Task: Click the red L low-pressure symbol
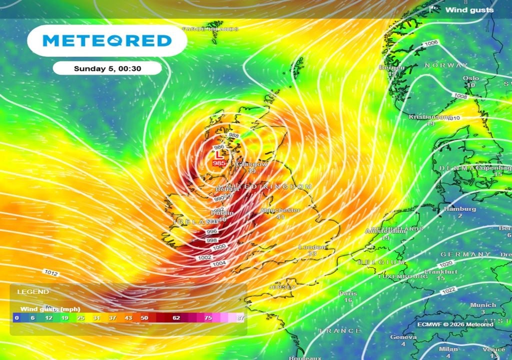[218, 156]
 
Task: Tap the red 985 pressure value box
[218, 163]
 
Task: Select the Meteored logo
[107, 40]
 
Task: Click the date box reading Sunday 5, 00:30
[107, 69]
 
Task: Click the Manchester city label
[280, 210]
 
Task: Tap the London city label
[312, 247]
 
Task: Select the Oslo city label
[470, 78]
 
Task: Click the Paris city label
[348, 293]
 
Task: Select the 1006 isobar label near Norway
[430, 43]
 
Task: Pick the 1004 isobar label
[219, 263]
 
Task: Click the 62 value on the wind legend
[176, 318]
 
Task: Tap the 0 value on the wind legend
[16, 318]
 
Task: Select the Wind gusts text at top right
[469, 9]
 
